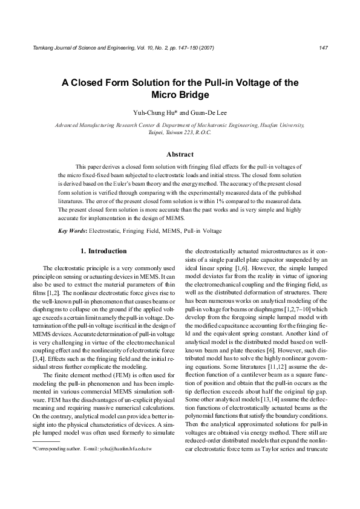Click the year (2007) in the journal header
203,47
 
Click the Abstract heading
180,155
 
